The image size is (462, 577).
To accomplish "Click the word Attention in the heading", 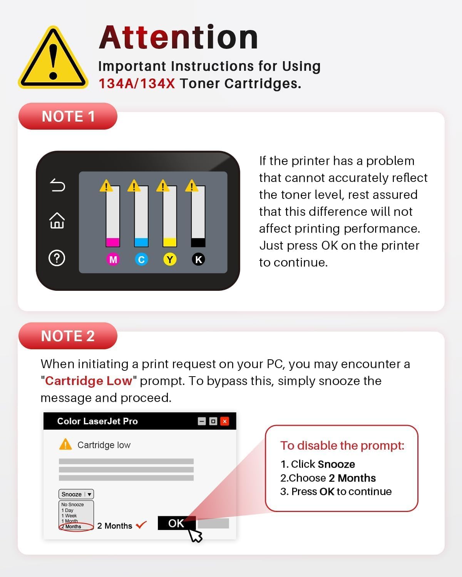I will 178,38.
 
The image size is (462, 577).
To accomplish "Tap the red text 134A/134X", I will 137,83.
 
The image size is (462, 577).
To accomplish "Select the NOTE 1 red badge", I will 68,116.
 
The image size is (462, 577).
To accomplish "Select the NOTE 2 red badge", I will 68,336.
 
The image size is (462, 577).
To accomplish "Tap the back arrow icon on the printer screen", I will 57,185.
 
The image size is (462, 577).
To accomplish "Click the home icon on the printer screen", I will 57,221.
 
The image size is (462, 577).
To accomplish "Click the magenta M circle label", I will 113,259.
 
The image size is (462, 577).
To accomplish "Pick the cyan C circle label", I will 141,259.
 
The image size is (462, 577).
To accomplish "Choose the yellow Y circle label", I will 170,259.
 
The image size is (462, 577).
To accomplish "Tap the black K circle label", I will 198,259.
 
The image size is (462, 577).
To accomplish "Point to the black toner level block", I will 198,242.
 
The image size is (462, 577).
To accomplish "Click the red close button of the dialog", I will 224,421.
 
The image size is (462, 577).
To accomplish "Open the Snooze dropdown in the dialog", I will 76,494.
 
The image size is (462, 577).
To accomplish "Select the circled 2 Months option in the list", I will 76,527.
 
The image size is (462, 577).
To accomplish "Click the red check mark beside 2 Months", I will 141,524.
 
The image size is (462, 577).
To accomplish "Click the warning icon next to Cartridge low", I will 65,444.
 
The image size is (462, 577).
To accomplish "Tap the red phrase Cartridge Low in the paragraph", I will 88,381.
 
